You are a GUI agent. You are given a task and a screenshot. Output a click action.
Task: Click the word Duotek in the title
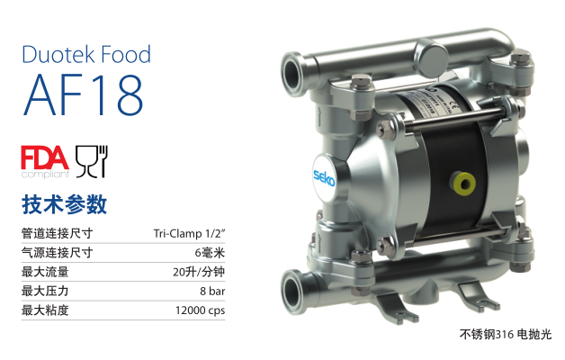click(58, 54)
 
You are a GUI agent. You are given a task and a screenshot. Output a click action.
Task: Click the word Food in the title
click(126, 54)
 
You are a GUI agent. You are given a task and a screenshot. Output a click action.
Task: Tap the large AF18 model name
click(84, 94)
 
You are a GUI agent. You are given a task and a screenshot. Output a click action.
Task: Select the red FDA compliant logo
click(45, 162)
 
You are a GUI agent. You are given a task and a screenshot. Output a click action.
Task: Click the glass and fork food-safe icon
click(92, 161)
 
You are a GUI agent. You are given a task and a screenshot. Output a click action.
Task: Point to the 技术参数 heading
click(64, 204)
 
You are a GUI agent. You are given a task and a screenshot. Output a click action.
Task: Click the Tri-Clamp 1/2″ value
click(189, 233)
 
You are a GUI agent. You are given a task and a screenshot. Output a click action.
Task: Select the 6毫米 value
click(210, 253)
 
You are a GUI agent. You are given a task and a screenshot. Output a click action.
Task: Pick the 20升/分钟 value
click(199, 272)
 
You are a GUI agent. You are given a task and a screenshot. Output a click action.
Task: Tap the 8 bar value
click(212, 292)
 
